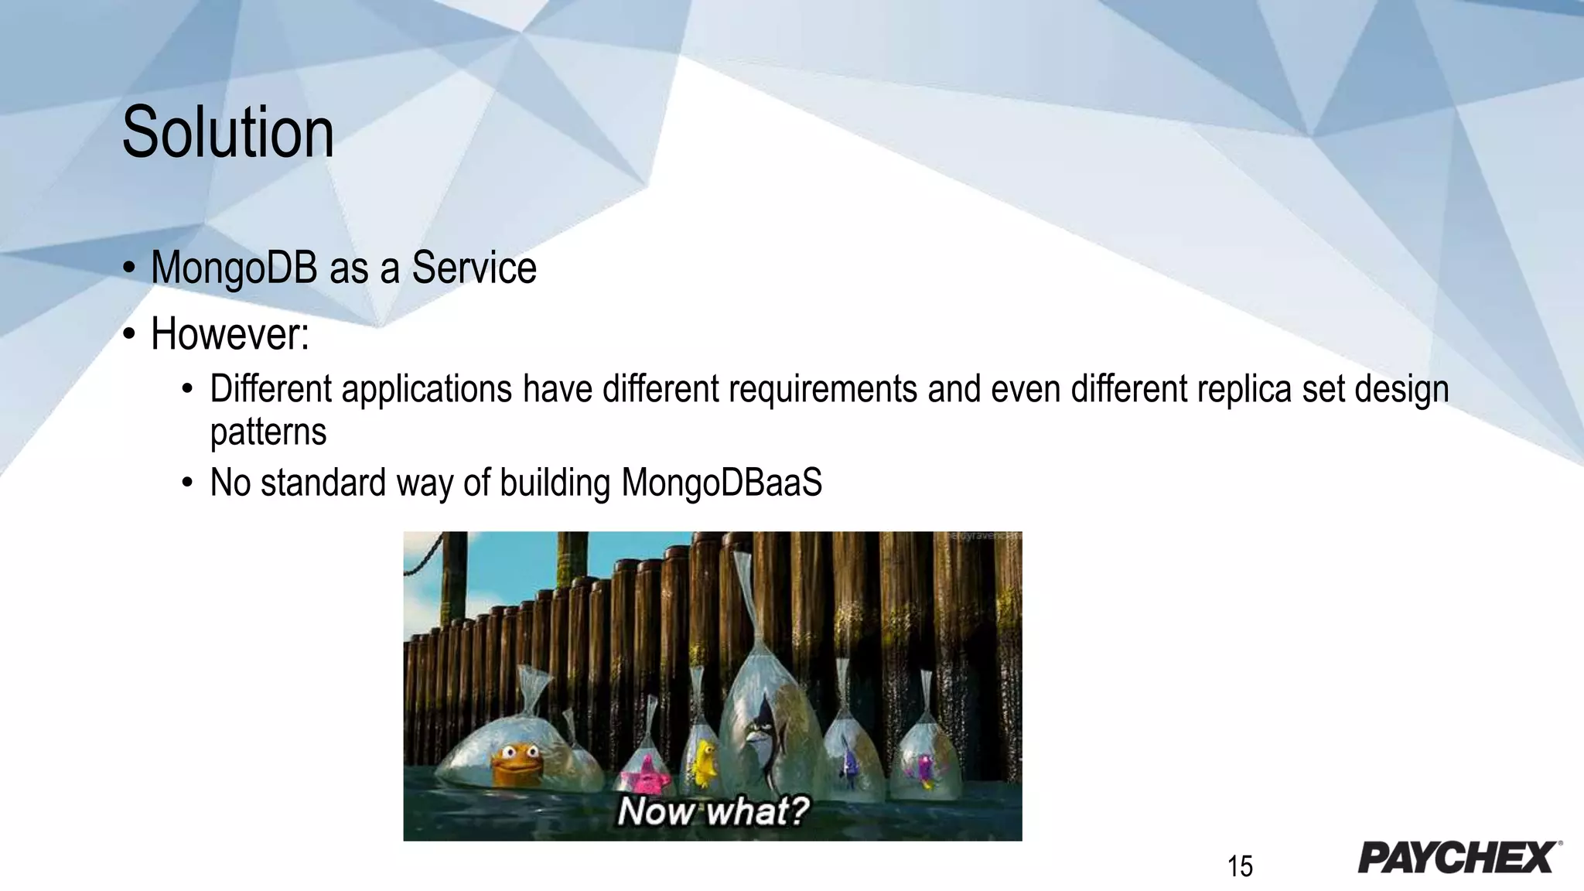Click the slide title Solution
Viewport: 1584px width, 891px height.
point(228,133)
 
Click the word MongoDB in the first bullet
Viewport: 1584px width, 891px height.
point(234,268)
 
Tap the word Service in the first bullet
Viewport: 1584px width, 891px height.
point(473,268)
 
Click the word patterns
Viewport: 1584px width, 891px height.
point(268,432)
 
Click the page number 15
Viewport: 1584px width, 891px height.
point(1239,866)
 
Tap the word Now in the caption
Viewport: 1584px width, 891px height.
point(656,811)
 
